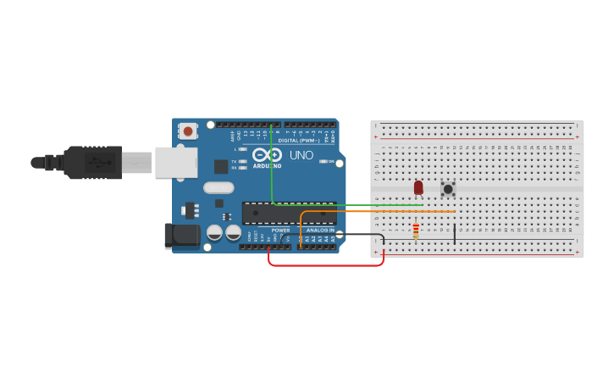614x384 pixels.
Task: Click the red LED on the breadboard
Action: click(418, 187)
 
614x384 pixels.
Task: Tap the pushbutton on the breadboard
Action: click(448, 188)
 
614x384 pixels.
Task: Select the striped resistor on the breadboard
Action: click(415, 231)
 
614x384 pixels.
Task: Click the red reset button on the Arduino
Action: click(187, 131)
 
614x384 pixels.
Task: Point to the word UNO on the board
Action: click(301, 156)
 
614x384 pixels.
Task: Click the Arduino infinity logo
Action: click(267, 155)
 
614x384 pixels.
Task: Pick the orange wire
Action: click(381, 211)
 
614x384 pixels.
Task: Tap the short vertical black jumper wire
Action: click(455, 233)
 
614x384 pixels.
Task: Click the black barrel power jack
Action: click(181, 235)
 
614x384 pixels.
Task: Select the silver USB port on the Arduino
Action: click(175, 162)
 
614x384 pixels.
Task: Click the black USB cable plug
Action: click(93, 162)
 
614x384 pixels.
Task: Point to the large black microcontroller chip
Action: click(288, 213)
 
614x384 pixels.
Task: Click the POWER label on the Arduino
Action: click(280, 230)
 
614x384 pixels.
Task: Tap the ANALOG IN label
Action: click(319, 230)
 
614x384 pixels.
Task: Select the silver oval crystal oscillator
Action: click(218, 188)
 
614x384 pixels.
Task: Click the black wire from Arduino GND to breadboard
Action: click(356, 234)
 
